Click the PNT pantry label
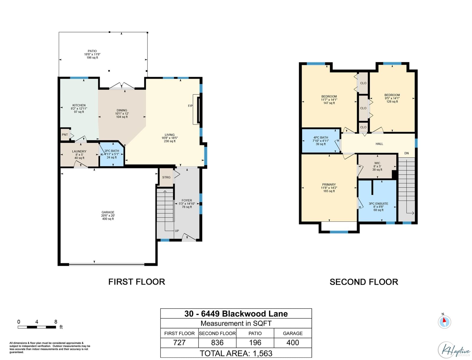pyautogui.click(x=65, y=135)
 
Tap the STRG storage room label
pyautogui.click(x=166, y=177)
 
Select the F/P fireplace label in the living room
pyautogui.click(x=190, y=106)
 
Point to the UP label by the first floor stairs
pyautogui.click(x=177, y=231)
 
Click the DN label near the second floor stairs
pyautogui.click(x=407, y=153)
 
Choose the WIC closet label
pyautogui.click(x=377, y=163)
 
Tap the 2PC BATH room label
pyautogui.click(x=112, y=151)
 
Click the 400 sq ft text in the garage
pyautogui.click(x=108, y=219)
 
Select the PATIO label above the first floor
pyautogui.click(x=92, y=51)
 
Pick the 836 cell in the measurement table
pyautogui.click(x=217, y=343)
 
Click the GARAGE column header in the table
pyautogui.click(x=293, y=333)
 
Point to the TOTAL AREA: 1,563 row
pyautogui.click(x=236, y=353)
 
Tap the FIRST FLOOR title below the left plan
pyautogui.click(x=137, y=282)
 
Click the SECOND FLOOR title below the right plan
pyautogui.click(x=364, y=282)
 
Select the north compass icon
pyautogui.click(x=444, y=322)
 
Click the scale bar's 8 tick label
pyautogui.click(x=56, y=322)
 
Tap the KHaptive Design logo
pyautogui.click(x=454, y=350)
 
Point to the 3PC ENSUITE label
pyautogui.click(x=378, y=203)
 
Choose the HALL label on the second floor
pyautogui.click(x=379, y=144)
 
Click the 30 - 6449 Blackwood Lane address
pyautogui.click(x=236, y=314)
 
